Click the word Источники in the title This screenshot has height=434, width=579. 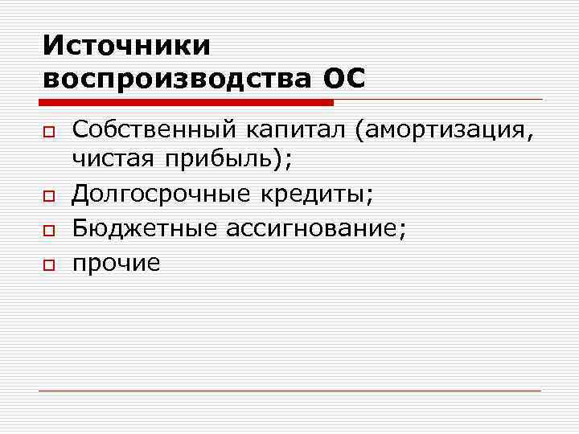[x=127, y=45]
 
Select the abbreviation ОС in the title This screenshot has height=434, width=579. [x=343, y=80]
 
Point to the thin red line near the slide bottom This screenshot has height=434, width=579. [x=289, y=391]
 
